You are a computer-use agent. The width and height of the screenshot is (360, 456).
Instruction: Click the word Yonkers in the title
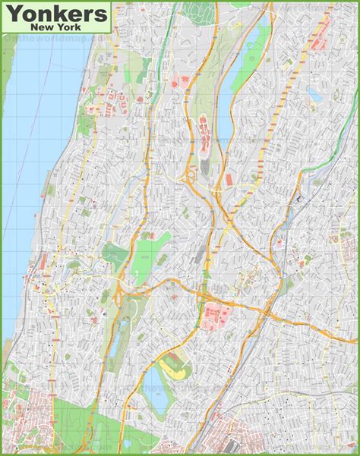[x=55, y=13]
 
